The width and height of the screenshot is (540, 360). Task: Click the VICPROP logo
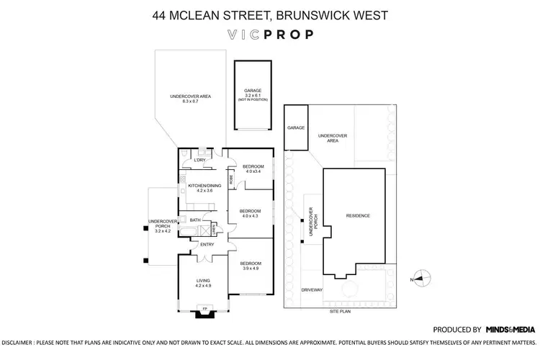click(x=269, y=34)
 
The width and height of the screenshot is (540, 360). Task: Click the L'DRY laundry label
click(x=191, y=160)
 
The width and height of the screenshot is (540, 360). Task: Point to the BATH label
click(x=194, y=220)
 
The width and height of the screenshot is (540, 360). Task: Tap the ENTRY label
click(x=207, y=245)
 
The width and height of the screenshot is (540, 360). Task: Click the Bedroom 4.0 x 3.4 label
click(x=254, y=168)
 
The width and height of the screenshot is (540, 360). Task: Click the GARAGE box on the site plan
click(x=296, y=127)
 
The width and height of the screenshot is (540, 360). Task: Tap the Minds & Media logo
click(x=510, y=328)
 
